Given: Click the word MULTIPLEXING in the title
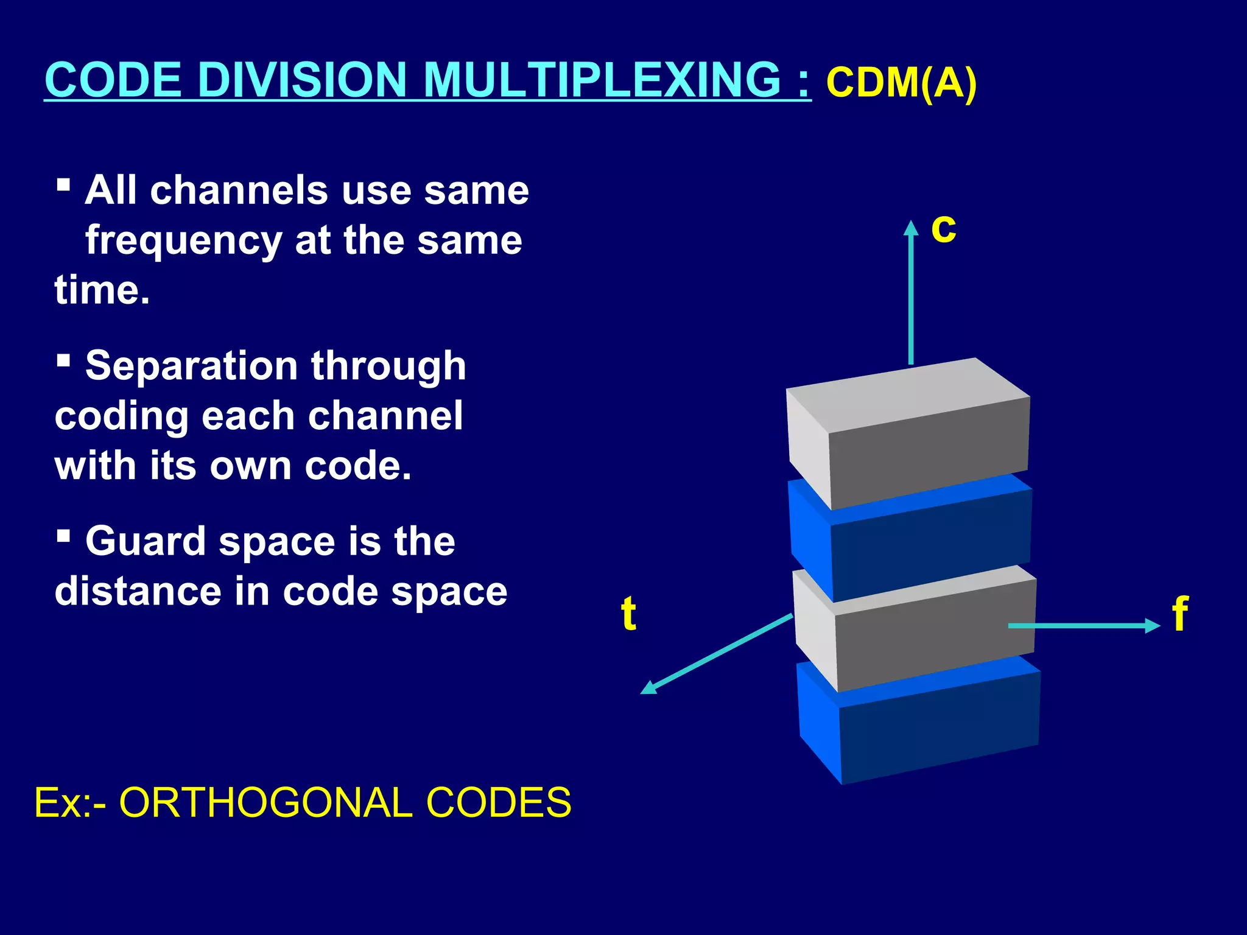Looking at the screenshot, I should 602,80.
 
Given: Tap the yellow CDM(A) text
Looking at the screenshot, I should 901,83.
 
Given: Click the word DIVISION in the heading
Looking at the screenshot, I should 302,80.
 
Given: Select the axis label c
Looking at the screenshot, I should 943,229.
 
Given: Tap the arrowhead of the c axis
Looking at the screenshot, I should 911,228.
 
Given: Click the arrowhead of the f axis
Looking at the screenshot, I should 1153,625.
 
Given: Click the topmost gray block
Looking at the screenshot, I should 913,438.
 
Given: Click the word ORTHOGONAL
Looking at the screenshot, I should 266,803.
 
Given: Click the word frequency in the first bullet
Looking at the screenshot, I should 183,241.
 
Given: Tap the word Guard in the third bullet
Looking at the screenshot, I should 146,541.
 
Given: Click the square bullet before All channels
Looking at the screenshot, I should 63,184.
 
